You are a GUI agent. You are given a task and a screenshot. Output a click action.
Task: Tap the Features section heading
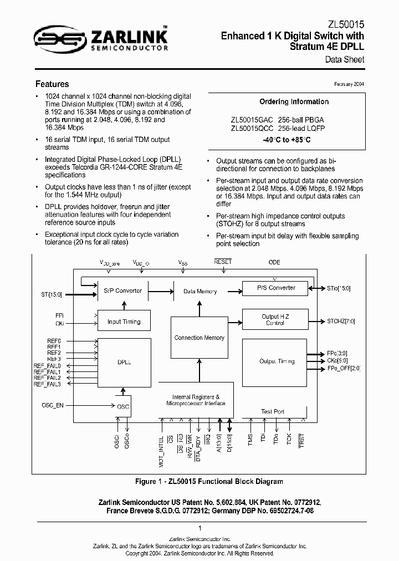[x=52, y=84]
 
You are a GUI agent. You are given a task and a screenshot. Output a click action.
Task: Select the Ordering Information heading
[x=294, y=102]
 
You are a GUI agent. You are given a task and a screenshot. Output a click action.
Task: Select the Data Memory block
[x=200, y=291]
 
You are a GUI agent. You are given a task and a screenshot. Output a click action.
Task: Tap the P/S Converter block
[x=277, y=288]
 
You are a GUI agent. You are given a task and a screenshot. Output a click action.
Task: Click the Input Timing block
[x=124, y=322]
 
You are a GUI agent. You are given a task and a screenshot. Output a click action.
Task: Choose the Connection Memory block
[x=199, y=338]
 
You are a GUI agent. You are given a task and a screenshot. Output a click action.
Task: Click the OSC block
[x=123, y=406]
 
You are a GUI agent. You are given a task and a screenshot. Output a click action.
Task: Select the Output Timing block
[x=277, y=361]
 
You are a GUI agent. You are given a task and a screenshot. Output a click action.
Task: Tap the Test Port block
[x=273, y=411]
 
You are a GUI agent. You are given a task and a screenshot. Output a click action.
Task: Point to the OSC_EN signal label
[x=53, y=405]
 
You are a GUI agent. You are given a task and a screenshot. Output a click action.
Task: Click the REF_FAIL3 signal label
[x=47, y=384]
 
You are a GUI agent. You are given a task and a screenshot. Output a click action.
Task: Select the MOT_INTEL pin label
[x=162, y=450]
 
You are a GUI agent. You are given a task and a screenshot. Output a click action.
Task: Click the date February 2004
[x=349, y=84]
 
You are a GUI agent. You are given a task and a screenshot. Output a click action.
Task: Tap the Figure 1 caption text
[x=209, y=481]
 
